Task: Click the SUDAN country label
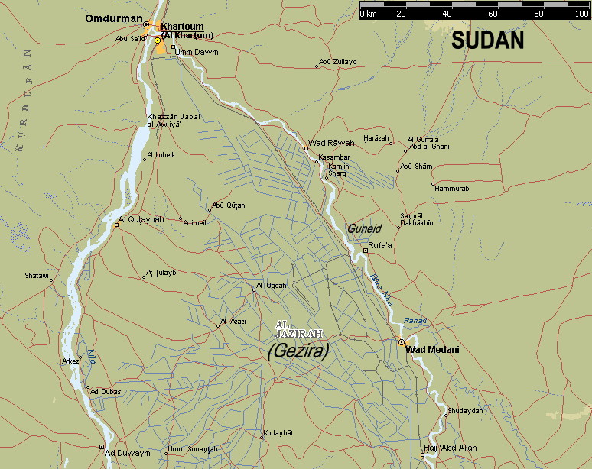(x=487, y=41)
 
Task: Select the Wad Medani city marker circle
(x=401, y=342)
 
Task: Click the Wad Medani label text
(x=432, y=350)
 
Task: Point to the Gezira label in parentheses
(x=298, y=351)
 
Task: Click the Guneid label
(x=363, y=228)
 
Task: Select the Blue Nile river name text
(x=379, y=291)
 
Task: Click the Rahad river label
(x=415, y=321)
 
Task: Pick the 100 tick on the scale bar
(x=581, y=14)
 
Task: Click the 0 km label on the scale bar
(x=368, y=14)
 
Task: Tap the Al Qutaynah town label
(x=141, y=220)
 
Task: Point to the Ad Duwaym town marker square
(x=101, y=447)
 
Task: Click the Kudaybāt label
(x=278, y=434)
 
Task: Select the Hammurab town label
(x=452, y=188)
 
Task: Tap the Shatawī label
(x=37, y=275)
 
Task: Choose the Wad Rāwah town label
(x=331, y=143)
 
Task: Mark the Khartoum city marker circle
(x=158, y=40)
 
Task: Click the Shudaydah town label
(x=465, y=410)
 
